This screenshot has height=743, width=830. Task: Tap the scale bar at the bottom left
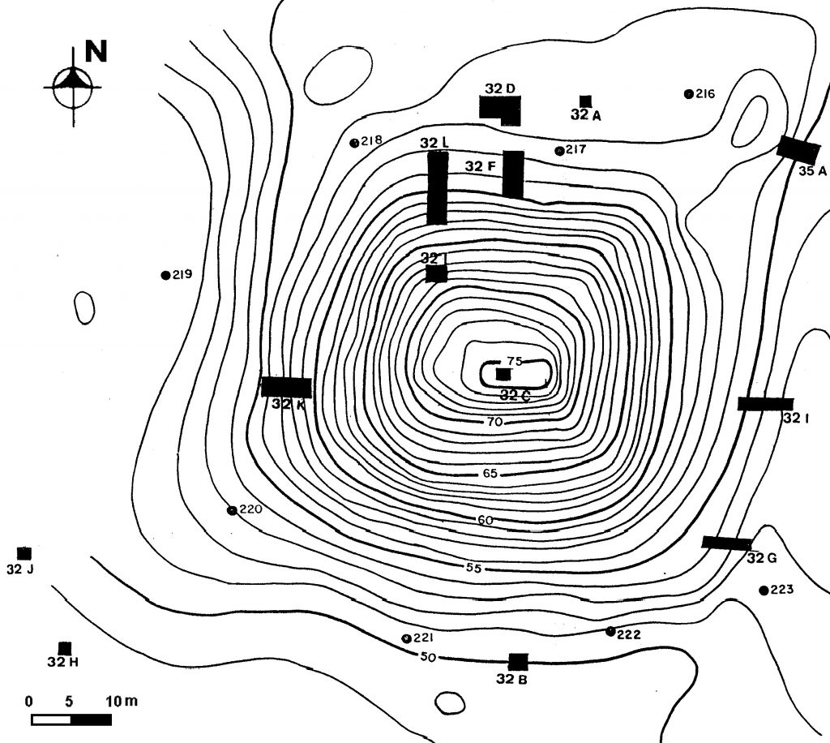pyautogui.click(x=71, y=719)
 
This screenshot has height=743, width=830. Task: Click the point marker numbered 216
pyautogui.click(x=688, y=94)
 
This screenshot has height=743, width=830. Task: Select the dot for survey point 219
pyautogui.click(x=165, y=275)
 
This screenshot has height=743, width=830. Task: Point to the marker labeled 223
pyautogui.click(x=763, y=590)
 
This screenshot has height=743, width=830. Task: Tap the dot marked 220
pyautogui.click(x=232, y=510)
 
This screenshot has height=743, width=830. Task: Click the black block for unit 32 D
pyautogui.click(x=498, y=109)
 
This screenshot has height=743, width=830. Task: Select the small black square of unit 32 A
pyautogui.click(x=585, y=101)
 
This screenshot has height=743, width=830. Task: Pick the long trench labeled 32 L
pyautogui.click(x=437, y=187)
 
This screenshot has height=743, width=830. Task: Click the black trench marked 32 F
pyautogui.click(x=512, y=174)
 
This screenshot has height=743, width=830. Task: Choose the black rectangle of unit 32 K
pyautogui.click(x=286, y=387)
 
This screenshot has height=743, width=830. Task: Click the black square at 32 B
pyautogui.click(x=517, y=662)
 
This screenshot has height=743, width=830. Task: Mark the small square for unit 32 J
pyautogui.click(x=24, y=553)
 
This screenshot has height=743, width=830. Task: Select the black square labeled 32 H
pyautogui.click(x=65, y=648)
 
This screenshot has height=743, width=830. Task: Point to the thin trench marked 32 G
pyautogui.click(x=726, y=543)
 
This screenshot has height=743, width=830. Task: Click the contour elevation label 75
pyautogui.click(x=515, y=362)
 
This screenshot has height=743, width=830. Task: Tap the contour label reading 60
pyautogui.click(x=486, y=520)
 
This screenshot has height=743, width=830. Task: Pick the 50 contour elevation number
pyautogui.click(x=429, y=656)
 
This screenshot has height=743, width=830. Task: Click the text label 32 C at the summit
pyautogui.click(x=515, y=396)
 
